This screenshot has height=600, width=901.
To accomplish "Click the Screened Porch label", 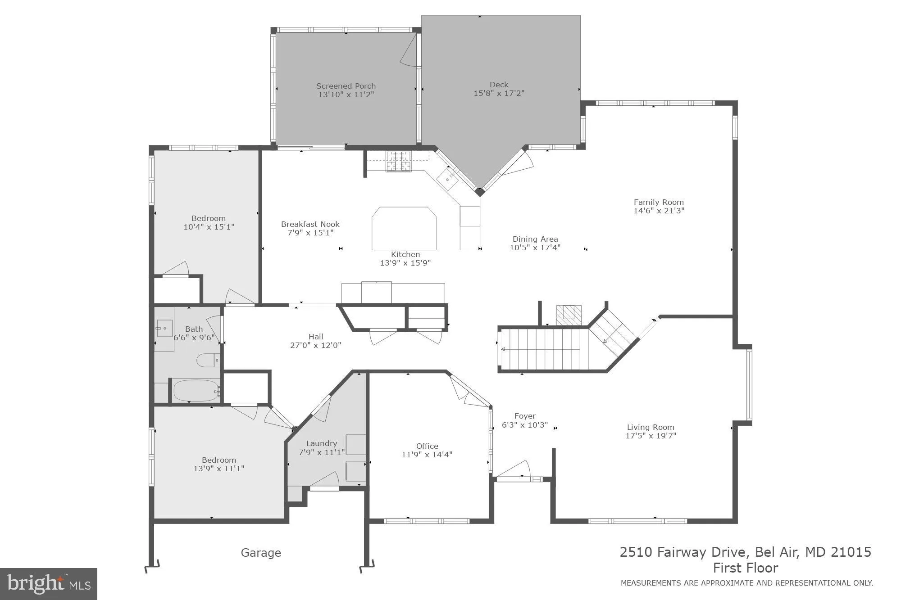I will (x=346, y=86).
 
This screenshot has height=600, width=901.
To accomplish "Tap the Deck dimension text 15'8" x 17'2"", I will (x=499, y=93).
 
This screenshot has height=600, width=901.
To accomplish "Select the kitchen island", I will (x=404, y=228).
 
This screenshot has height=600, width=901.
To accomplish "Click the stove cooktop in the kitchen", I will (x=399, y=161).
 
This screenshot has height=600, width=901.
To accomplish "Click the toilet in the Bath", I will (x=208, y=360).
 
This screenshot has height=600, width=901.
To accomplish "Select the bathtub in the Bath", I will (x=196, y=391).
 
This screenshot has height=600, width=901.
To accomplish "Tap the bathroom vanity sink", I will (x=164, y=328).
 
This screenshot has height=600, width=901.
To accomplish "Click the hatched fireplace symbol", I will (x=569, y=312).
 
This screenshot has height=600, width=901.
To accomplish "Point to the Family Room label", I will (x=659, y=202).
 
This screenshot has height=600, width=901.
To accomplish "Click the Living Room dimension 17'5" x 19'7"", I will (x=651, y=436).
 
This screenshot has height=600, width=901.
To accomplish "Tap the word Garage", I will (x=261, y=553).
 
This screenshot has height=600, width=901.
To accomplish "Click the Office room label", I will (x=427, y=446).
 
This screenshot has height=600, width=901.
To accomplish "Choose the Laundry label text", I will (x=321, y=443).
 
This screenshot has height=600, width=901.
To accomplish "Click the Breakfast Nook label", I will (x=310, y=224).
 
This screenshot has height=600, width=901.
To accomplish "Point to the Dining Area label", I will (x=535, y=239).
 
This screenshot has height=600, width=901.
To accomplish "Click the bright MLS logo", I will (x=49, y=584).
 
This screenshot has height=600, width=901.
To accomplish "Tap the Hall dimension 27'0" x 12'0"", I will (x=315, y=345).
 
